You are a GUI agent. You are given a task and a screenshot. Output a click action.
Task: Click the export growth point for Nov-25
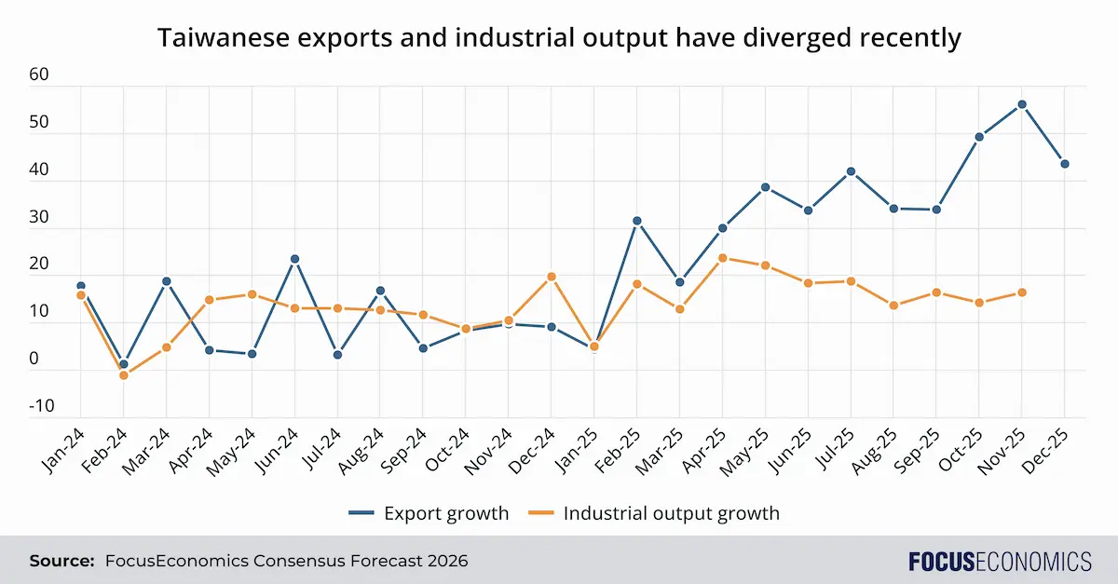[x=1022, y=104]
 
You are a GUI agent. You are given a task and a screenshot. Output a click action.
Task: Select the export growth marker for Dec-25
[x=1065, y=164]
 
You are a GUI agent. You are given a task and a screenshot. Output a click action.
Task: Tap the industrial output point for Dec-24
[x=552, y=277]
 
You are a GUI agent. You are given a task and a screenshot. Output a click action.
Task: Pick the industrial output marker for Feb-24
[x=123, y=375]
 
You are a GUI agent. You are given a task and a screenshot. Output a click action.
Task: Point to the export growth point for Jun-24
[x=294, y=259]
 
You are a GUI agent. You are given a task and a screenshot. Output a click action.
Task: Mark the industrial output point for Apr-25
[x=723, y=258]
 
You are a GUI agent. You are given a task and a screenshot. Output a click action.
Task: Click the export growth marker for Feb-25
[x=637, y=221]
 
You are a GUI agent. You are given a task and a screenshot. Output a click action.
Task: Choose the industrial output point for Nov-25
[x=1022, y=292]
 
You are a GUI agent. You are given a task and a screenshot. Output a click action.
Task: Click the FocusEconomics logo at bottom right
[x=1000, y=562]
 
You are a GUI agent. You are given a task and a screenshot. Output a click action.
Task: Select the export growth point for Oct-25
[x=979, y=137]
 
